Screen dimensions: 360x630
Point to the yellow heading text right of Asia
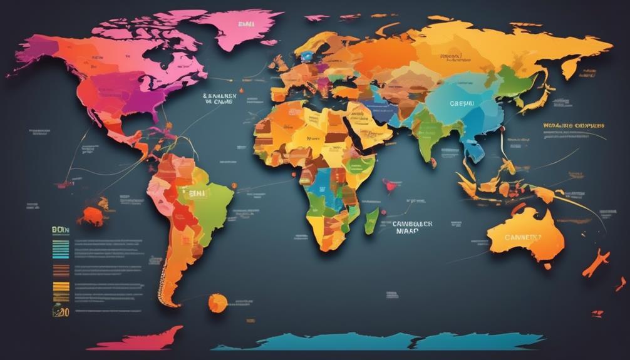(574, 126)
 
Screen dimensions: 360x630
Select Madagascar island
(371, 220)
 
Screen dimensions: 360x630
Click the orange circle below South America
(217, 303)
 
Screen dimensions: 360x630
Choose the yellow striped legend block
(61, 288)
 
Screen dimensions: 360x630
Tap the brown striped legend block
(61, 270)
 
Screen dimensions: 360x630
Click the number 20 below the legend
(61, 311)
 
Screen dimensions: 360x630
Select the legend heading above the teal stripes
(59, 231)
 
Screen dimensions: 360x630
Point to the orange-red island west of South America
(93, 215)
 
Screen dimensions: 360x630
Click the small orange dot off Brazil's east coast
(234, 186)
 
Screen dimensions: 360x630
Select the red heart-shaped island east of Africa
(392, 185)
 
